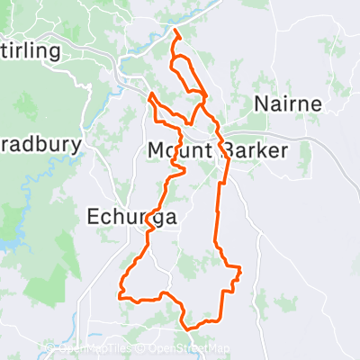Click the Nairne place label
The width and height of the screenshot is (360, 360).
[288, 103]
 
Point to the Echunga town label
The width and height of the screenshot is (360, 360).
[132, 216]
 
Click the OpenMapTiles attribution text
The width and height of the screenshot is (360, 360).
[94, 349]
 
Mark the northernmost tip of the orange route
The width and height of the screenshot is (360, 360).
[174, 33]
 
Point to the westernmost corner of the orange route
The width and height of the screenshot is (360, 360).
[120, 293]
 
